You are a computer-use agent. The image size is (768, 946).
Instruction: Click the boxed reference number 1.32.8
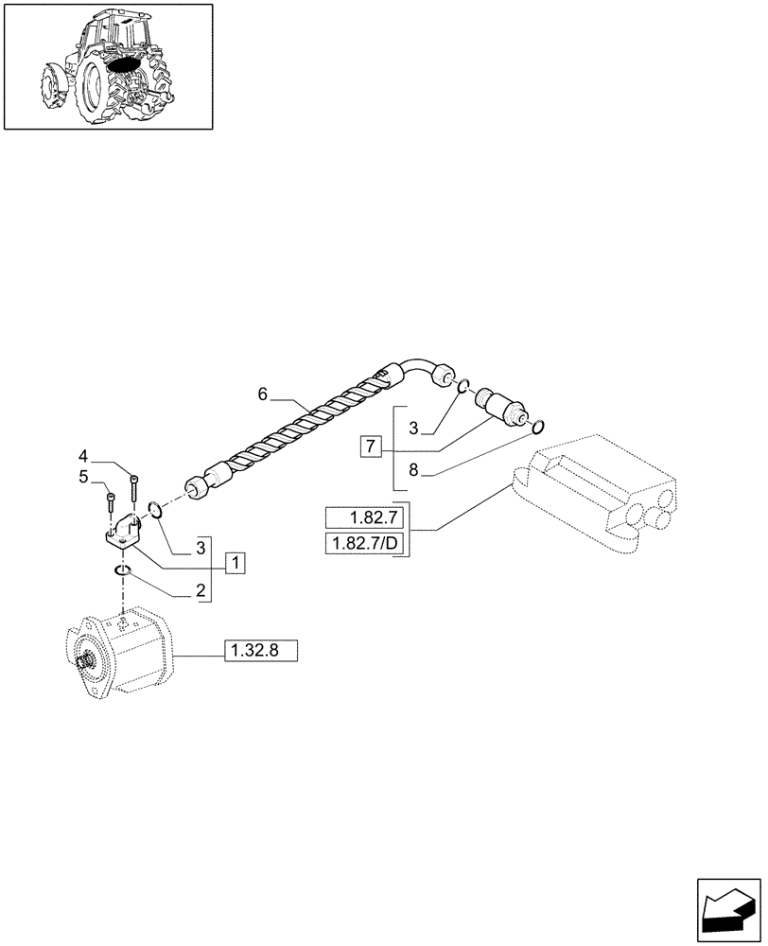point(260,650)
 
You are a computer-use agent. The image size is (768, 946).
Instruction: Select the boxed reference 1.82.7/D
point(364,543)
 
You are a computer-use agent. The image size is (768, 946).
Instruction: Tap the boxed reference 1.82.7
point(364,517)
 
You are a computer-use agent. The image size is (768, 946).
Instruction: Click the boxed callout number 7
point(371,445)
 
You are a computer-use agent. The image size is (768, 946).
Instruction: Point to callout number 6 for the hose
point(264,393)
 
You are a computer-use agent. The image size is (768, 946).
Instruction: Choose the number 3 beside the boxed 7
point(412,429)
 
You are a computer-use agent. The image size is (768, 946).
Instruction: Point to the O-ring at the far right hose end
point(537,427)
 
